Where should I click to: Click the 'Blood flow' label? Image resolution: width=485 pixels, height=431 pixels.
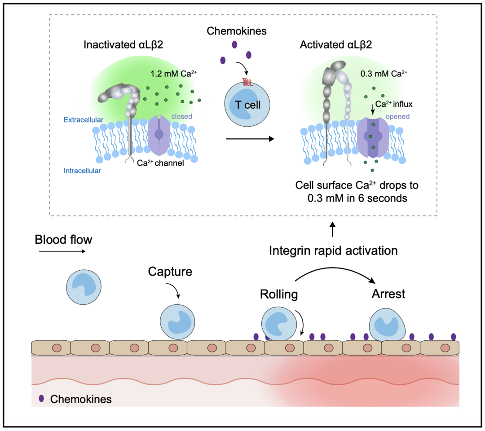click(63, 240)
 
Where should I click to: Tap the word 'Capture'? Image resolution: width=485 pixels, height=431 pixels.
click(170, 272)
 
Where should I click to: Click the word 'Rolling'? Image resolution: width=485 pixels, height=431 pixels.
click(279, 295)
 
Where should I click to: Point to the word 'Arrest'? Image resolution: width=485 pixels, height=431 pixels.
click(388, 295)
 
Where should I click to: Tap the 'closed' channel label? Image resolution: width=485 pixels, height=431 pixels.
click(181, 117)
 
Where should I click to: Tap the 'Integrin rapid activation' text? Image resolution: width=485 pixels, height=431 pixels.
click(333, 251)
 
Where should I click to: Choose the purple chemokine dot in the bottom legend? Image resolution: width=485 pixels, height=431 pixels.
click(42, 398)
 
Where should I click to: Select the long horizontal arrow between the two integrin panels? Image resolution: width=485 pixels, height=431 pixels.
click(250, 139)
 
